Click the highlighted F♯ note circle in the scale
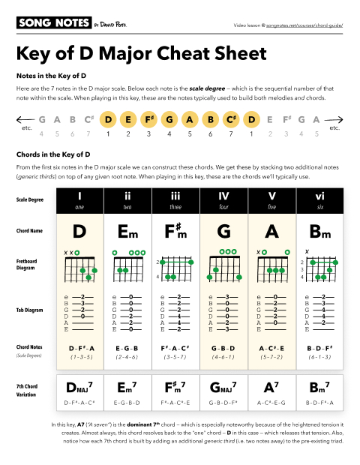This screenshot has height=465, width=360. pyautogui.click(x=149, y=119)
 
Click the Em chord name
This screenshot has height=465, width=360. pyautogui.click(x=127, y=230)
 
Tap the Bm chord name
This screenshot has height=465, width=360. pyautogui.click(x=319, y=230)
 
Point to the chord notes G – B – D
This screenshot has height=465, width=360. pyautogui.click(x=223, y=349)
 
